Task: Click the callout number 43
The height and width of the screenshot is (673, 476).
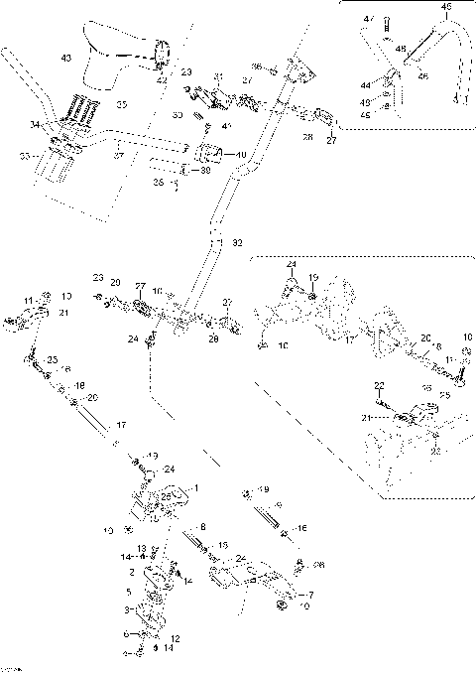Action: click(66, 60)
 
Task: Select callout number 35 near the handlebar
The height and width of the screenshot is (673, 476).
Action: click(122, 103)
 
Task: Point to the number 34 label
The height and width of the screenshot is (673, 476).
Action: click(35, 125)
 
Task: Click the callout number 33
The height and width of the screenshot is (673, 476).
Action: click(25, 156)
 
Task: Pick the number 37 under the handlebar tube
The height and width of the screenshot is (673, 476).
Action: click(118, 156)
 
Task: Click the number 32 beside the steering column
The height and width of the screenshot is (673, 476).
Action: click(236, 241)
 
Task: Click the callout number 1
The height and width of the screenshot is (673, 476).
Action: click(196, 488)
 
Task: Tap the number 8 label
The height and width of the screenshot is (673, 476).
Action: click(203, 526)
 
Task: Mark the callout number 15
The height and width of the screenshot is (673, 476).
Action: click(224, 546)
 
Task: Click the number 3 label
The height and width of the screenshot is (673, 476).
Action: click(126, 608)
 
